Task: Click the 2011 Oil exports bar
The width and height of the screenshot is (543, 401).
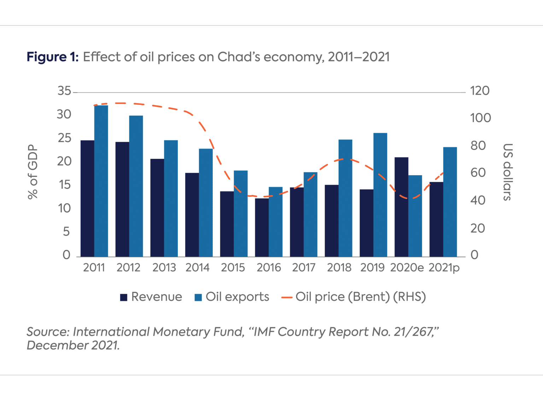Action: click(101, 181)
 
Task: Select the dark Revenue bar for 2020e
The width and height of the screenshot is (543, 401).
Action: click(401, 207)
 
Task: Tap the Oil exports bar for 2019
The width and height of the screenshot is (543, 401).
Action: click(380, 195)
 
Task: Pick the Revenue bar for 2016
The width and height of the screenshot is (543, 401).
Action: click(262, 227)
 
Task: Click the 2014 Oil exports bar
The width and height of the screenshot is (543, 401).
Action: click(206, 202)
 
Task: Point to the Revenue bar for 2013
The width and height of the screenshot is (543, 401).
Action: click(157, 207)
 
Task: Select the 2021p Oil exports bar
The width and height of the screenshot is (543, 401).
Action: click(450, 202)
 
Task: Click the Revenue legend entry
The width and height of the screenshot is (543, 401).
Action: click(151, 297)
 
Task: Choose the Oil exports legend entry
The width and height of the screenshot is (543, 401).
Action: click(232, 297)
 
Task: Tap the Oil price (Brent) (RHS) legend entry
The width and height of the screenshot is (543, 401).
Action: click(354, 297)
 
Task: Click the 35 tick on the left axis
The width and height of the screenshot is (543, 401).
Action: click(64, 91)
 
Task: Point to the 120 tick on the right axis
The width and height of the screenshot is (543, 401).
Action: click(480, 91)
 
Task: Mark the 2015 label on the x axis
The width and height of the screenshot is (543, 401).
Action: click(233, 268)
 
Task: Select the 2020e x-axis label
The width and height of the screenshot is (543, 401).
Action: click(407, 268)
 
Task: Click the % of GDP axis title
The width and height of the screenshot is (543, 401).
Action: click(33, 172)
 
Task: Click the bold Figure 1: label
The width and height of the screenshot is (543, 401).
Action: click(53, 57)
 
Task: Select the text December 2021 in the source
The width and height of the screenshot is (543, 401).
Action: click(73, 345)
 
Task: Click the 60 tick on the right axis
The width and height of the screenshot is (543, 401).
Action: click(478, 173)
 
